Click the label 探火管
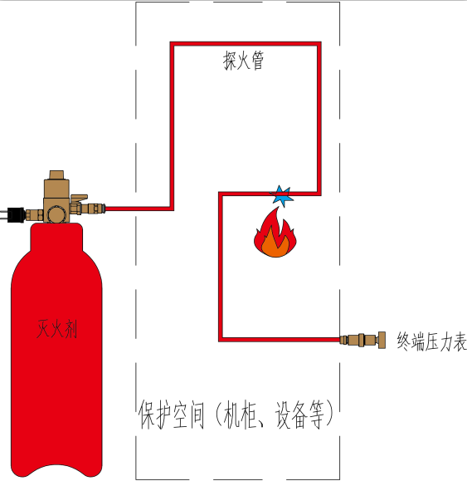click(x=243, y=61)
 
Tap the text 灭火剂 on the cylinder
click(x=57, y=328)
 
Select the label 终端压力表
click(x=432, y=341)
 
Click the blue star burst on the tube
click(x=281, y=196)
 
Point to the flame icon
click(x=275, y=233)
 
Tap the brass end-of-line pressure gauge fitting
click(x=362, y=340)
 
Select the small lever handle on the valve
click(x=80, y=198)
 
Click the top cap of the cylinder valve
click(x=56, y=174)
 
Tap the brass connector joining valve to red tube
click(x=94, y=209)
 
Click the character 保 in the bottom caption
click(x=147, y=415)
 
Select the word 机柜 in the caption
click(x=241, y=415)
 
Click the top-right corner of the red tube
click(x=319, y=43)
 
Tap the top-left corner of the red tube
click(x=172, y=43)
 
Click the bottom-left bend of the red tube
click(x=221, y=340)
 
